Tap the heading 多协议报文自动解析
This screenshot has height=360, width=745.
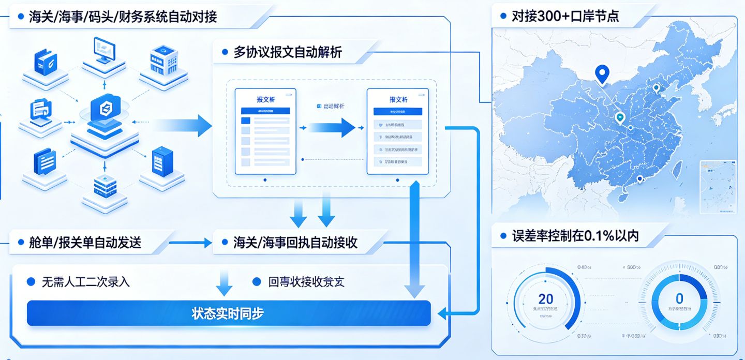pyautogui.click(x=288, y=52)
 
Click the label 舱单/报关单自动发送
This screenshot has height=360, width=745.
pyautogui.click(x=85, y=242)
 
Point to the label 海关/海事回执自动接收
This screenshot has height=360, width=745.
pyautogui.click(x=295, y=242)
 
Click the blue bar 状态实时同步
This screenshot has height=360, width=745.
pyautogui.click(x=228, y=313)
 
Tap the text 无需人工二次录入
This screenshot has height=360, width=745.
pyautogui.click(x=86, y=282)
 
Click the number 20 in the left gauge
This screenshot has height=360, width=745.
pyautogui.click(x=545, y=298)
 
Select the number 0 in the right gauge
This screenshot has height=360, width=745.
pyautogui.click(x=679, y=298)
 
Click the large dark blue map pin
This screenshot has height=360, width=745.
pyautogui.click(x=602, y=74)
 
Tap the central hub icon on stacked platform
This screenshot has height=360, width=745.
pyautogui.click(x=105, y=109)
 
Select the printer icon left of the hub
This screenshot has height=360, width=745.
pyautogui.click(x=41, y=110)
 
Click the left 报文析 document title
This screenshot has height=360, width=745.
pyautogui.click(x=265, y=99)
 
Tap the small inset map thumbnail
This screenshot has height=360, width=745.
pyautogui.click(x=718, y=187)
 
